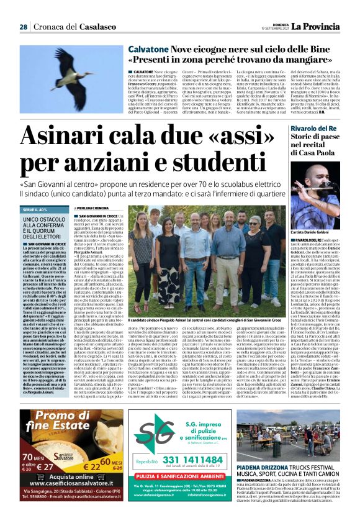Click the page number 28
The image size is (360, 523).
[24, 27]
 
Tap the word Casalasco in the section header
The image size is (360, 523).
[98, 27]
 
